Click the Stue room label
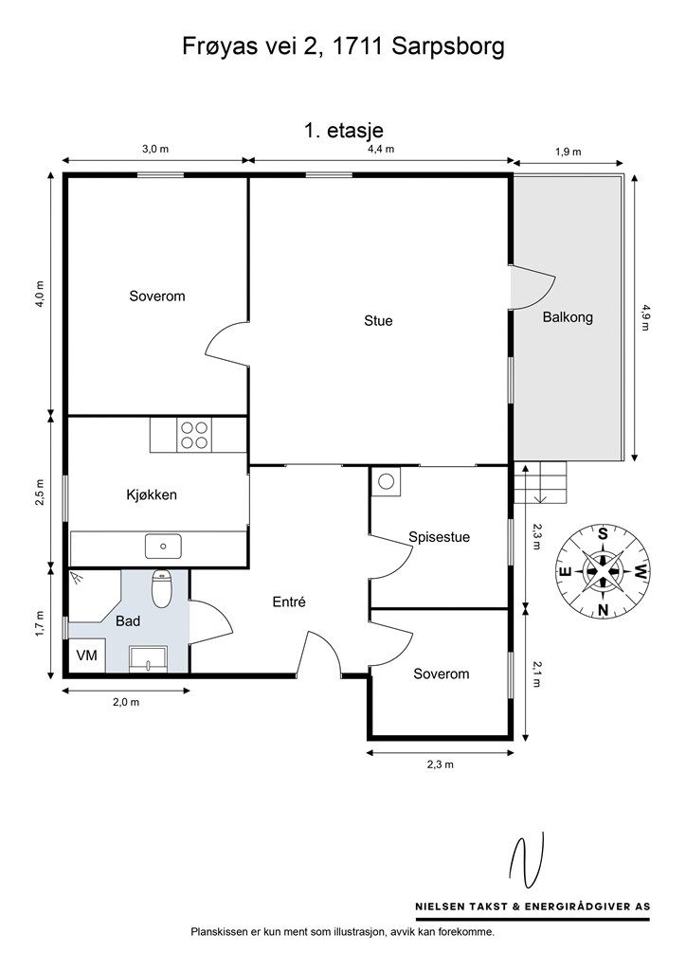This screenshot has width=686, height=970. click(378, 321)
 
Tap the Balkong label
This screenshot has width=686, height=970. click(568, 317)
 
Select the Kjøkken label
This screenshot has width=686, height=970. click(152, 494)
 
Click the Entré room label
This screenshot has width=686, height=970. click(289, 602)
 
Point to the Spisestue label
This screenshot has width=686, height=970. click(439, 537)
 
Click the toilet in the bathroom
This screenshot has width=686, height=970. click(161, 589)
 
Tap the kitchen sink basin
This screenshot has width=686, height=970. click(163, 547)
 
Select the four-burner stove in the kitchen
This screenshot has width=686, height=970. click(193, 434)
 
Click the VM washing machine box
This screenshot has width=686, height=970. click(86, 656)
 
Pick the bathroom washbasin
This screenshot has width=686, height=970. click(148, 659)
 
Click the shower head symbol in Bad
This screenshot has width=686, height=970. click(78, 578)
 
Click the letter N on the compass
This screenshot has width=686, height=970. click(604, 610)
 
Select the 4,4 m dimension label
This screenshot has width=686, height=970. click(381, 149)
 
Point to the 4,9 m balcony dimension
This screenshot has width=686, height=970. click(646, 317)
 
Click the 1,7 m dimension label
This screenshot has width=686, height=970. click(40, 623)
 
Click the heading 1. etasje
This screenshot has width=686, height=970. click(343, 131)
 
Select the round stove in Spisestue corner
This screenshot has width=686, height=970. click(387, 481)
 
